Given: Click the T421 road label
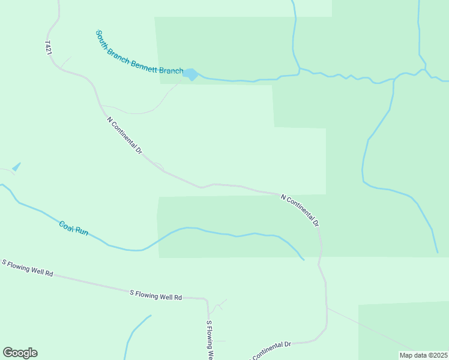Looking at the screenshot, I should (x=48, y=49).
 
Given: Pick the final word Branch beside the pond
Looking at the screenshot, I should (x=172, y=71).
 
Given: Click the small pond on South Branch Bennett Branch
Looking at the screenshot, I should (x=190, y=74).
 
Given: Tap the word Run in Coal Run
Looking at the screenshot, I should (x=82, y=231).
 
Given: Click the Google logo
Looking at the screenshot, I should (x=20, y=353).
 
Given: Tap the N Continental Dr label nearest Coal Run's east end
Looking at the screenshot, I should (x=300, y=210).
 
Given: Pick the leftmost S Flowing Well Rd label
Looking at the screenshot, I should (x=28, y=268).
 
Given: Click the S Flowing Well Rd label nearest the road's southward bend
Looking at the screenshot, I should (x=155, y=295).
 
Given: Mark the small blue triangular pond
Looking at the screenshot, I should (x=16, y=167).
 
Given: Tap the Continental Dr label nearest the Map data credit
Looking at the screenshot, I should (x=271, y=350).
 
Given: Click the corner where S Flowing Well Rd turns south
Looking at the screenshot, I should (x=207, y=299).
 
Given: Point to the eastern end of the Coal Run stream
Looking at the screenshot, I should (x=303, y=260).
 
